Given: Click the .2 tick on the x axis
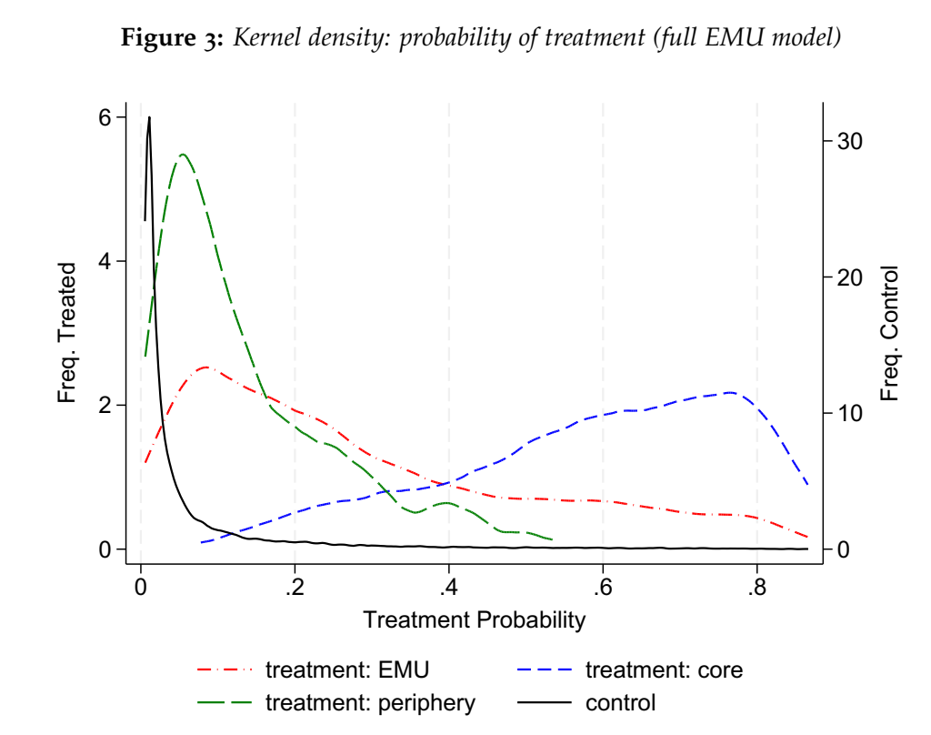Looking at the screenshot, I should (295, 583).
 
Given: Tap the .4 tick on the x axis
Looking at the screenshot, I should (448, 583).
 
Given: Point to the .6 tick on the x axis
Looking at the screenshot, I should (603, 583).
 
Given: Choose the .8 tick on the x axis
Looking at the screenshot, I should (756, 583).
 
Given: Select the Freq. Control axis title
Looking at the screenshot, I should (890, 333).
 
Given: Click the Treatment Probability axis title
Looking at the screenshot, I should (474, 620).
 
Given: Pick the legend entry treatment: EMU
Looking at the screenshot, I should (346, 670).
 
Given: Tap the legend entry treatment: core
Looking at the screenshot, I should (664, 670).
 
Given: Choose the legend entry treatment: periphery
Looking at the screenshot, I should (369, 702).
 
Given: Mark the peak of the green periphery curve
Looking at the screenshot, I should (183, 155).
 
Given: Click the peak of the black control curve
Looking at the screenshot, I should (149, 117).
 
